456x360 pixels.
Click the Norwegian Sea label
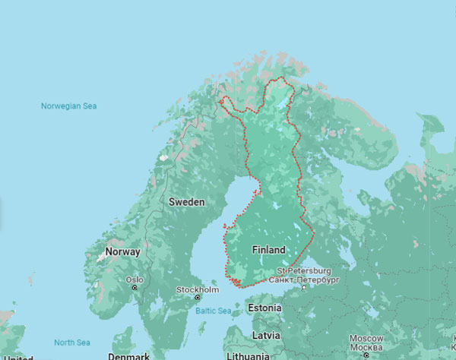point(69,106)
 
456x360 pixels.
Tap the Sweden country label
point(186,202)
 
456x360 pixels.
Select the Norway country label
point(122,251)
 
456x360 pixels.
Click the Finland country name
point(268,250)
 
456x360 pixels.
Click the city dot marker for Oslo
point(135,279)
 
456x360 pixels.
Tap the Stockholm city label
point(198,290)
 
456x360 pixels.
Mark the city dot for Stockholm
point(198,298)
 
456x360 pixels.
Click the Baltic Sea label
point(213,311)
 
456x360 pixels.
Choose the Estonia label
point(264,308)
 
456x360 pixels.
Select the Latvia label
point(266,335)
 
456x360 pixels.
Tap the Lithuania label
point(248,355)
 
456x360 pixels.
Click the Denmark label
point(128,356)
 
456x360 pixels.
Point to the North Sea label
point(71,343)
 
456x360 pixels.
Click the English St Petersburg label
point(303,270)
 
